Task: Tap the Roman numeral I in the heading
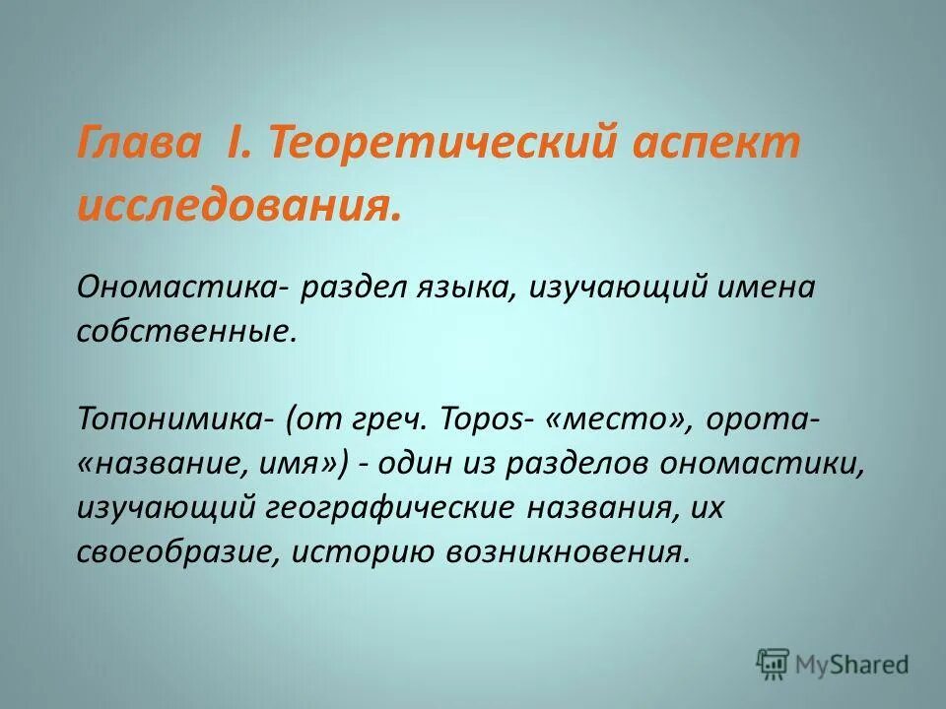coord(240,145)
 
